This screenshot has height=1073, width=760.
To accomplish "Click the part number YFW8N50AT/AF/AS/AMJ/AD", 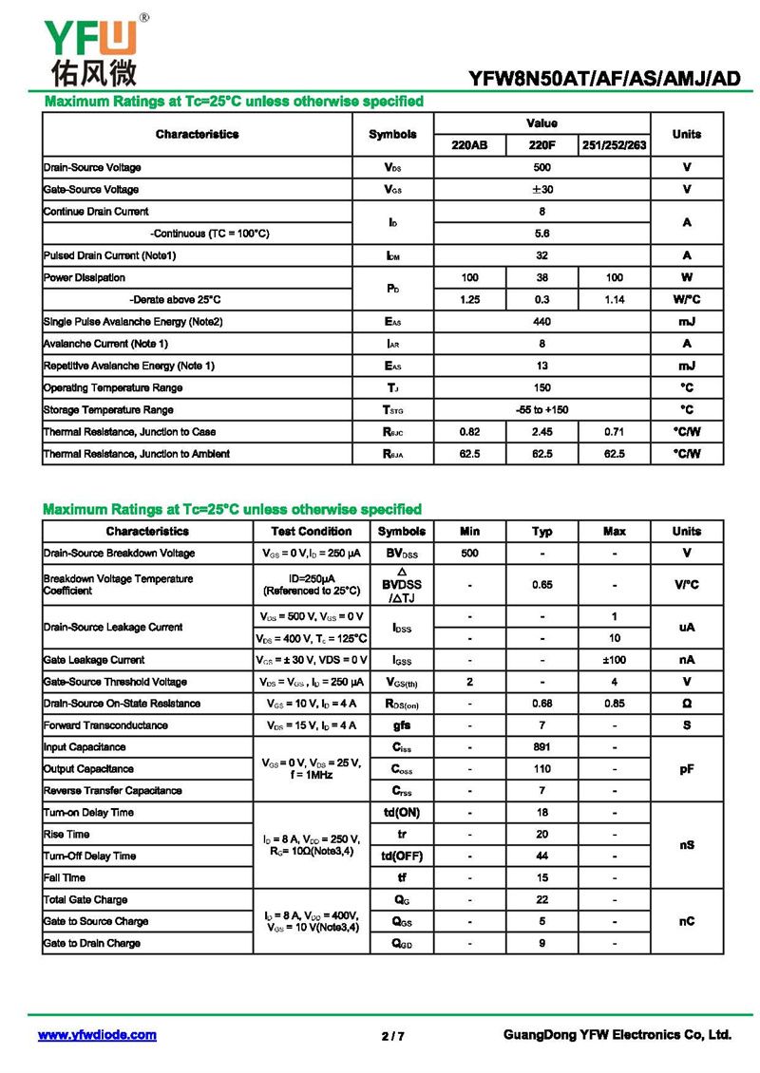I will click(603, 79).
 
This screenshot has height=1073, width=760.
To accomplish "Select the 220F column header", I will click(541, 145).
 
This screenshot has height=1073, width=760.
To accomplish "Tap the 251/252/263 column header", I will click(614, 145).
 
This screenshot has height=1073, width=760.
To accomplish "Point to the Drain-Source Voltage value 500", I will click(541, 167).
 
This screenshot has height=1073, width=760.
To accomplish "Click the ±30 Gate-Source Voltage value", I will click(541, 189).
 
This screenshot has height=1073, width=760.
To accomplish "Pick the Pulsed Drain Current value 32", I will click(541, 255).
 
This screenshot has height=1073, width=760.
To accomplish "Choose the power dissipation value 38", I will click(541, 277).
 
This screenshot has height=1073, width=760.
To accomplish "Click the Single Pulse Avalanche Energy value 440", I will click(541, 322).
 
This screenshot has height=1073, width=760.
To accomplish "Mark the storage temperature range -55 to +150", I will click(541, 410).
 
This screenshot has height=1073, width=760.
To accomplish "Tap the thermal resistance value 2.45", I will click(541, 432).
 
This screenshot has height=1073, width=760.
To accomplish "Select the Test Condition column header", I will click(312, 532).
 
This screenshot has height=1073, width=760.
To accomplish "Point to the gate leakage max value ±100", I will click(614, 660).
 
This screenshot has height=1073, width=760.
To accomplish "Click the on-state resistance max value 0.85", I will click(614, 704).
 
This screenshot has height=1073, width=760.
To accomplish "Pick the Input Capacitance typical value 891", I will click(541, 747).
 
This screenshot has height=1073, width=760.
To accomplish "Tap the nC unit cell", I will click(687, 921).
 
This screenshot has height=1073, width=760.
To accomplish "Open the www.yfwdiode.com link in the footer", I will click(97, 1035).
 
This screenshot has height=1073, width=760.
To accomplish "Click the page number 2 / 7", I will click(392, 1036).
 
